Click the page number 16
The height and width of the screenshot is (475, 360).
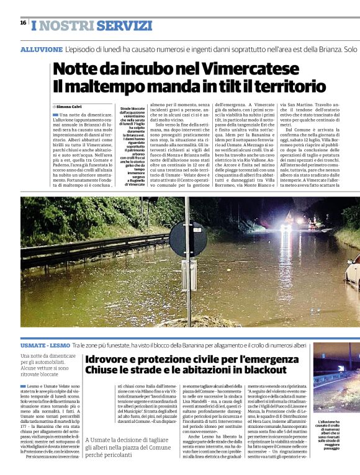coord(23,22)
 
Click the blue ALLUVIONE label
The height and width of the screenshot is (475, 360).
coord(41,49)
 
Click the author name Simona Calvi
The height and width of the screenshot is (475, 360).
coord(73,107)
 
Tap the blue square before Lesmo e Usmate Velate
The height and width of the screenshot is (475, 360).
coord(23,387)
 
